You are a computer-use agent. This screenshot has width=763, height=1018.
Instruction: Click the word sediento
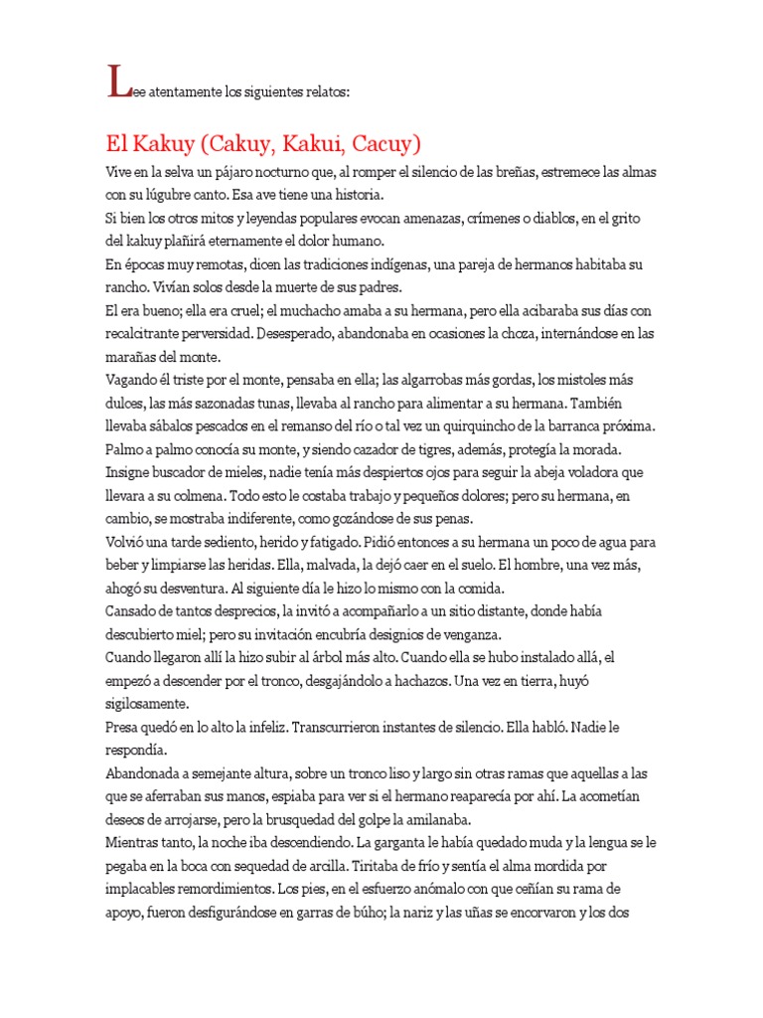click(225, 543)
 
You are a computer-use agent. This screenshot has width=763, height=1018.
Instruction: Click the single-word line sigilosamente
click(153, 704)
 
